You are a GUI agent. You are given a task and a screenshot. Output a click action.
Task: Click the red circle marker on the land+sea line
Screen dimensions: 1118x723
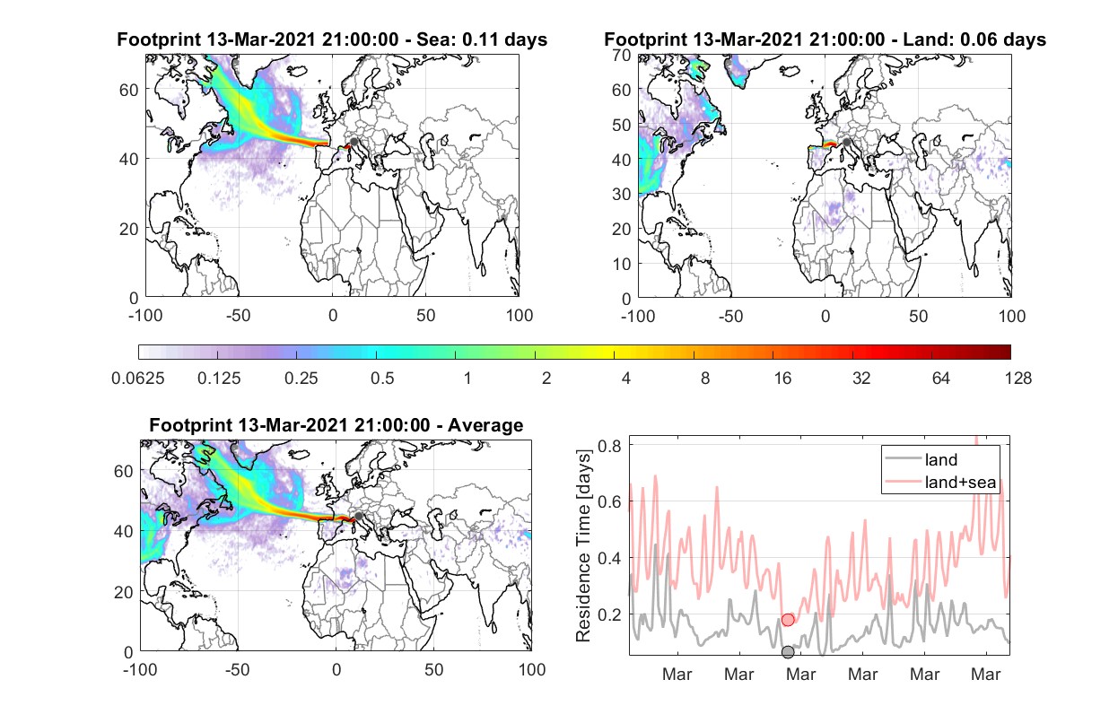click(788, 620)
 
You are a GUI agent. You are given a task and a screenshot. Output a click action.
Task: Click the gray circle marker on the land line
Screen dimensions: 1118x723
click(788, 651)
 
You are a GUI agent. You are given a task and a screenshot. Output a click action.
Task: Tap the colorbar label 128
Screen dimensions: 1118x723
click(1018, 379)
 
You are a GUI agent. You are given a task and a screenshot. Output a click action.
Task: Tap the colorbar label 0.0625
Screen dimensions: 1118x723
click(138, 379)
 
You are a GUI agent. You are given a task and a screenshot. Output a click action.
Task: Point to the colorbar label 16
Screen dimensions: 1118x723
click(782, 379)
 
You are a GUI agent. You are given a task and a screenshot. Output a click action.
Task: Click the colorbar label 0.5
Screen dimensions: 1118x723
click(382, 379)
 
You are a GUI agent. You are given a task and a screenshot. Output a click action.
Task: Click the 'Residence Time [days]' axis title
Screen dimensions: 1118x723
click(583, 546)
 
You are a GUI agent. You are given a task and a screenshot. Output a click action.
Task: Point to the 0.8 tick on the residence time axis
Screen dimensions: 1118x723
click(610, 445)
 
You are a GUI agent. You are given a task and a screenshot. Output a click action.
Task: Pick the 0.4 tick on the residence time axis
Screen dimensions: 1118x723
click(610, 557)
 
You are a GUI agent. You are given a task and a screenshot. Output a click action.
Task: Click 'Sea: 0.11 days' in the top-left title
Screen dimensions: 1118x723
click(482, 39)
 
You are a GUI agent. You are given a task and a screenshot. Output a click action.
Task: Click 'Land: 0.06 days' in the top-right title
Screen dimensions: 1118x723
click(974, 39)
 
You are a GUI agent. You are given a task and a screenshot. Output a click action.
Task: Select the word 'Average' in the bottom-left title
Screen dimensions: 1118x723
click(485, 425)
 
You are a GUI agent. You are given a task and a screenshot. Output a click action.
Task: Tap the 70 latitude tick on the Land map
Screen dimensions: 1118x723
click(622, 55)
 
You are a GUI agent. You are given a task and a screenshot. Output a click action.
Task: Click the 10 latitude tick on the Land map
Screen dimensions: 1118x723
click(622, 264)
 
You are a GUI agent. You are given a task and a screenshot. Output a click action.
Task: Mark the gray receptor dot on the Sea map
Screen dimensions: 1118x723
click(354, 142)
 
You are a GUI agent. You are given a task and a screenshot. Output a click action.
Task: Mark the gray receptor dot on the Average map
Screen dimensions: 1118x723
click(358, 516)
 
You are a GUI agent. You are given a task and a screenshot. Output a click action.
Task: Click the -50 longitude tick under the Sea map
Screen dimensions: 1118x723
click(238, 316)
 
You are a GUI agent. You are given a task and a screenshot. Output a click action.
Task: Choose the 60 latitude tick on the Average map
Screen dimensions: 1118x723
click(123, 471)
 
